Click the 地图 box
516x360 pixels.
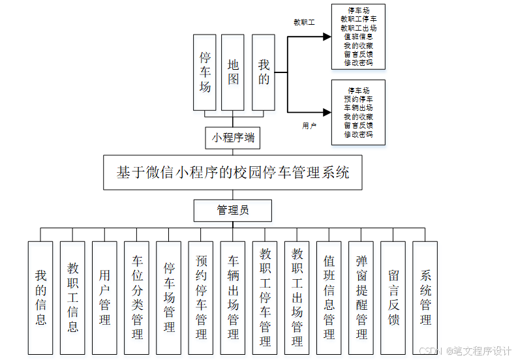(x=233, y=72)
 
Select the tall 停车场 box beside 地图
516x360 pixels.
(x=205, y=72)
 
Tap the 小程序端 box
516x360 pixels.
(x=232, y=138)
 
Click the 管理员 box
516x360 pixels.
(x=232, y=210)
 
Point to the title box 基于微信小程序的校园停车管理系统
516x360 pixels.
(x=232, y=173)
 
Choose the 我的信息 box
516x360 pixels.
(x=40, y=297)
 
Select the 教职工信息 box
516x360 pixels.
(x=72, y=297)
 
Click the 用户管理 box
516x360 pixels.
(x=104, y=297)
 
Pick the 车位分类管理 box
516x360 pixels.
(x=136, y=297)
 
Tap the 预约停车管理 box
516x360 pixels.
(x=201, y=297)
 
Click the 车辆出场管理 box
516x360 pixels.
(x=233, y=297)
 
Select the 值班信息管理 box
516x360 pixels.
(x=329, y=297)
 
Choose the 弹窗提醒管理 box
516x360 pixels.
(x=361, y=297)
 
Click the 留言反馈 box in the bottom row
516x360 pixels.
(x=393, y=297)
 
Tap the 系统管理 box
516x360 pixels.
(x=425, y=297)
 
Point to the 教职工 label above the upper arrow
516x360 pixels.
(x=304, y=22)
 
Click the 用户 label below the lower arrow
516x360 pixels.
(x=309, y=125)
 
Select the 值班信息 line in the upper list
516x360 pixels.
(x=358, y=37)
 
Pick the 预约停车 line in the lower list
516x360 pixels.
(x=358, y=98)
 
